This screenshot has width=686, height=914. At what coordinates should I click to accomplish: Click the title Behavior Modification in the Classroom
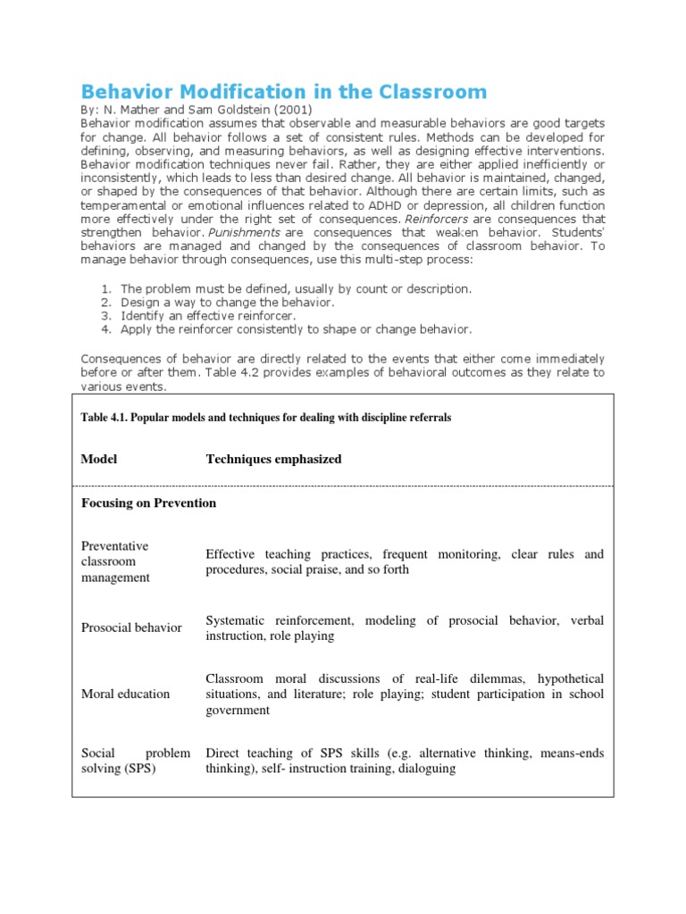[284, 91]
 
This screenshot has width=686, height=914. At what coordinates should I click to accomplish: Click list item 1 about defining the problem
[295, 289]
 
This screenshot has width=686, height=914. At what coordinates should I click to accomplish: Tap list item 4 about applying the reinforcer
[295, 329]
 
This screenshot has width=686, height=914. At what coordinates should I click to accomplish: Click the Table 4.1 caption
[266, 418]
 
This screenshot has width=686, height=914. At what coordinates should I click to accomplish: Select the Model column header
[99, 460]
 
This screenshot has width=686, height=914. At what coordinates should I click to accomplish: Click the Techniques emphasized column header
[273, 460]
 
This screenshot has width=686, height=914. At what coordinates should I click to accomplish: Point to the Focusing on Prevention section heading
[148, 503]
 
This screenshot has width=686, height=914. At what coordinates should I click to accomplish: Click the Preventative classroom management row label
[115, 561]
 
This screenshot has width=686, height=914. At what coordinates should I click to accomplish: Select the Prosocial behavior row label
[131, 627]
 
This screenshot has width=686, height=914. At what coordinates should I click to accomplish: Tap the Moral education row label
[125, 694]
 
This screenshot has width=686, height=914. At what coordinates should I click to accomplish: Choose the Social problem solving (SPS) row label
[135, 760]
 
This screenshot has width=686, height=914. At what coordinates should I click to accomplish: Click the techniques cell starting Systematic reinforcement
[404, 627]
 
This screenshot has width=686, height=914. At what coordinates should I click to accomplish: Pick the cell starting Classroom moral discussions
[404, 694]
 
